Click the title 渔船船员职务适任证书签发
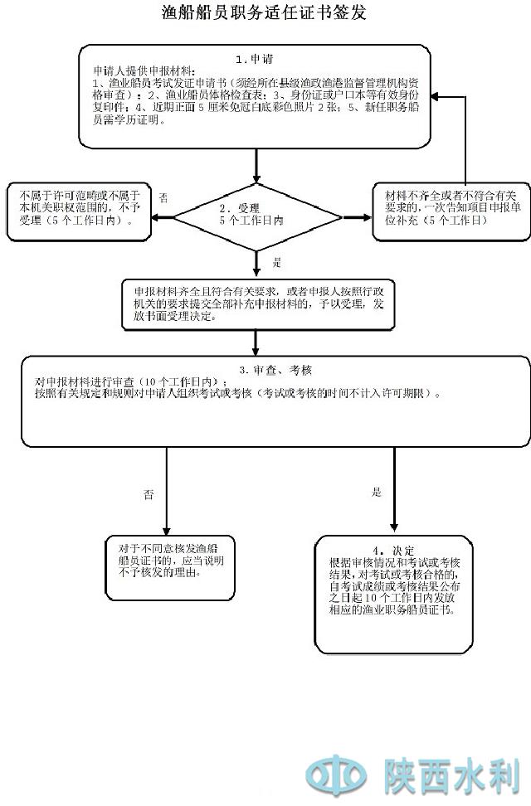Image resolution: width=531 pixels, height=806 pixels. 264,13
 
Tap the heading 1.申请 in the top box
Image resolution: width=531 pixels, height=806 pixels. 255,59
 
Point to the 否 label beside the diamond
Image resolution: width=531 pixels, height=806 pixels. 163,198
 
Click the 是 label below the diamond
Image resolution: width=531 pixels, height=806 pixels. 277,262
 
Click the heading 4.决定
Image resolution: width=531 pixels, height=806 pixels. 392,551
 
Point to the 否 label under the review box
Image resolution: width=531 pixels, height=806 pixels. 149,495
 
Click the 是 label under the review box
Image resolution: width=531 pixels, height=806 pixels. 377,493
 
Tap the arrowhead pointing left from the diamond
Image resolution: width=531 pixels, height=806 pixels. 155,218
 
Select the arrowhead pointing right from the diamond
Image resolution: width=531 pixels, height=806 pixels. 367,218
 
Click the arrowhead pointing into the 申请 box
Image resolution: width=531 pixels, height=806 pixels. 436,97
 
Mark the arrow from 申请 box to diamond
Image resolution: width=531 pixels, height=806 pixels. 257,166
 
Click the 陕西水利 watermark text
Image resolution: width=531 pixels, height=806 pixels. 451,776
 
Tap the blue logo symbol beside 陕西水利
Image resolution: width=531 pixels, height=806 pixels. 336,776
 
